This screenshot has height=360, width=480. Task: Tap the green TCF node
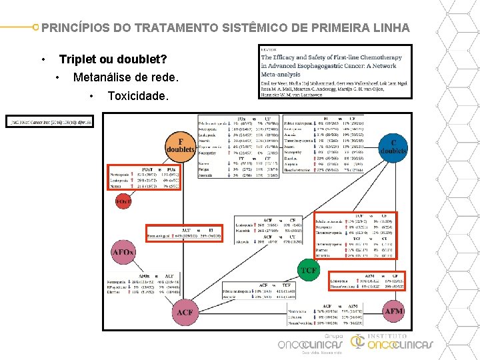click(x=309, y=269)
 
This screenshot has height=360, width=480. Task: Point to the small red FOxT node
click(x=123, y=200)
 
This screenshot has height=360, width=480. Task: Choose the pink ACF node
click(x=185, y=312)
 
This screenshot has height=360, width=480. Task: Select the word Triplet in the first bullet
click(x=79, y=59)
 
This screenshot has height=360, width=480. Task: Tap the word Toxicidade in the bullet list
click(x=138, y=96)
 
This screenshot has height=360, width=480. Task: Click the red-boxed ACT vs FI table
click(x=189, y=233)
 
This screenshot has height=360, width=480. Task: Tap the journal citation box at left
click(x=50, y=121)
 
